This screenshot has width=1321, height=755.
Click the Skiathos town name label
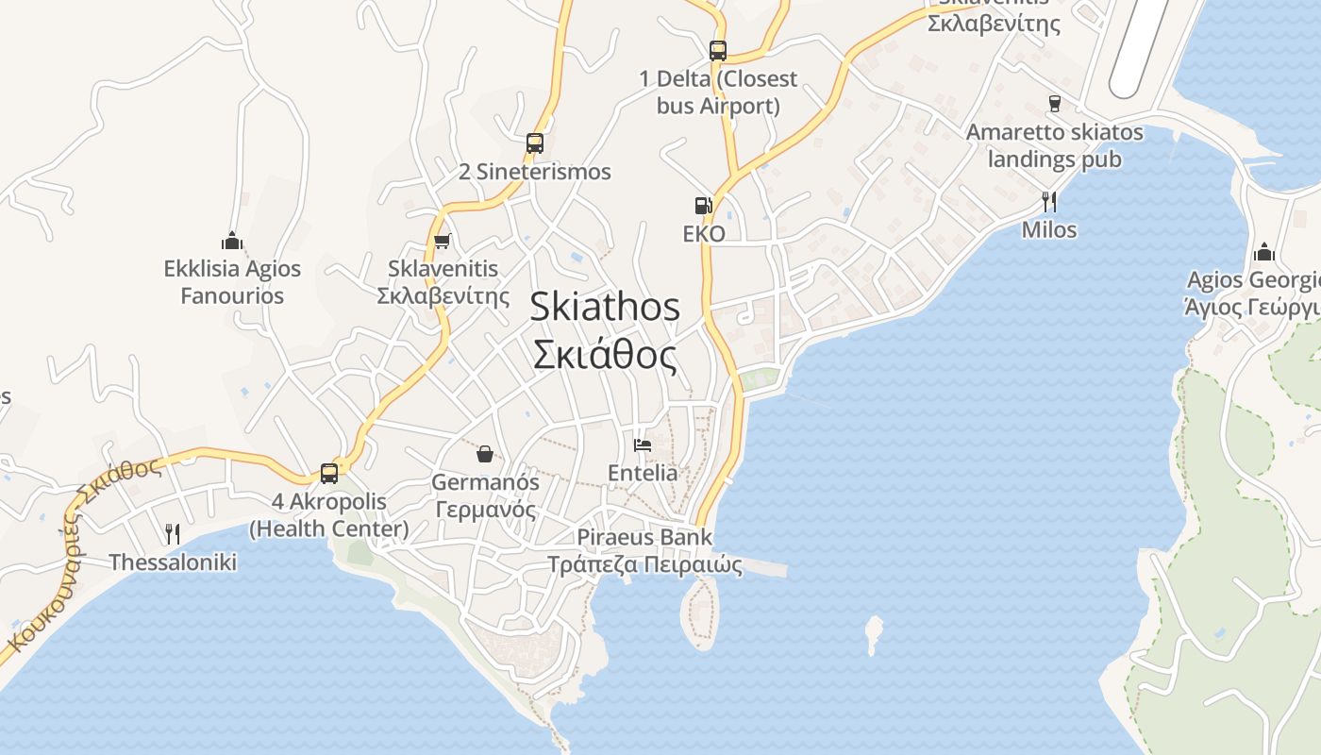pos(605,331)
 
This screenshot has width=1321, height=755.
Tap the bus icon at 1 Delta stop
pos(718,51)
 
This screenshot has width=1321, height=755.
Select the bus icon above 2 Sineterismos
pos(535,143)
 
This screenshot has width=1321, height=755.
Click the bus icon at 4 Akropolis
pos(329,473)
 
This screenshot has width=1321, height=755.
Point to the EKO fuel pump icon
pos(703,205)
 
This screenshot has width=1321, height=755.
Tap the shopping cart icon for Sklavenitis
pos(443,241)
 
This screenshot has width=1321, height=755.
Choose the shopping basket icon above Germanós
pos(485,454)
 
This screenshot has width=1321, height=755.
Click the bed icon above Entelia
pos(643,445)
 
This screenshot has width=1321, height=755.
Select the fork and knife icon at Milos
pos(1048,201)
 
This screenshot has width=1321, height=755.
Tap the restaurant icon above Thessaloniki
pos(173,534)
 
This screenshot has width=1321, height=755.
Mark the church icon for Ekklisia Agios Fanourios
pos(232,241)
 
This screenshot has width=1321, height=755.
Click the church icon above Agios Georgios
pos(1263,252)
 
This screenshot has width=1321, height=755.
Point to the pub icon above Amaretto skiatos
pos(1055,103)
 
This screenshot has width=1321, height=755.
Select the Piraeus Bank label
pos(645,550)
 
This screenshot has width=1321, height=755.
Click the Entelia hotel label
pos(643,473)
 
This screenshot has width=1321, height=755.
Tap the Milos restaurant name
pos(1048,229)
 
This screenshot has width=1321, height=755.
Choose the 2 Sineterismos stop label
pos(535,172)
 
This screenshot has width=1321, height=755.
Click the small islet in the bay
pos(874,633)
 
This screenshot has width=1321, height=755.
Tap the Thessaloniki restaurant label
pos(173,562)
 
